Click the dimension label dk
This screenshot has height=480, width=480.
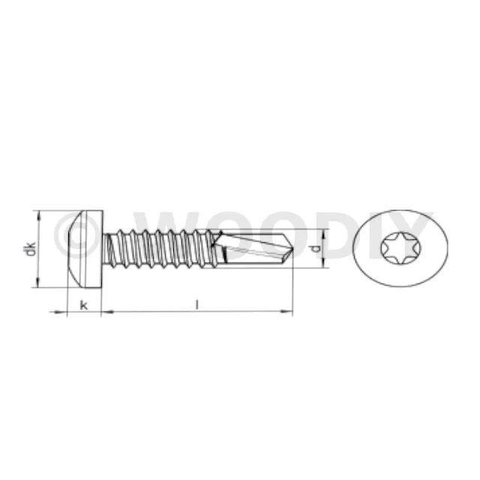[30, 249]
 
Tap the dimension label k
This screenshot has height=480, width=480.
[83, 305]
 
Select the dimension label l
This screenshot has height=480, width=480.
[197, 304]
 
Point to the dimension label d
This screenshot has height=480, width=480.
[316, 248]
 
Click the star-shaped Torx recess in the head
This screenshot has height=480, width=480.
[400, 248]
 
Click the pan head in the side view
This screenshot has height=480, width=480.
[85, 249]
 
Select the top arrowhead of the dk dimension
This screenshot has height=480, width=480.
[38, 215]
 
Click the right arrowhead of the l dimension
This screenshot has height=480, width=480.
[286, 312]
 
